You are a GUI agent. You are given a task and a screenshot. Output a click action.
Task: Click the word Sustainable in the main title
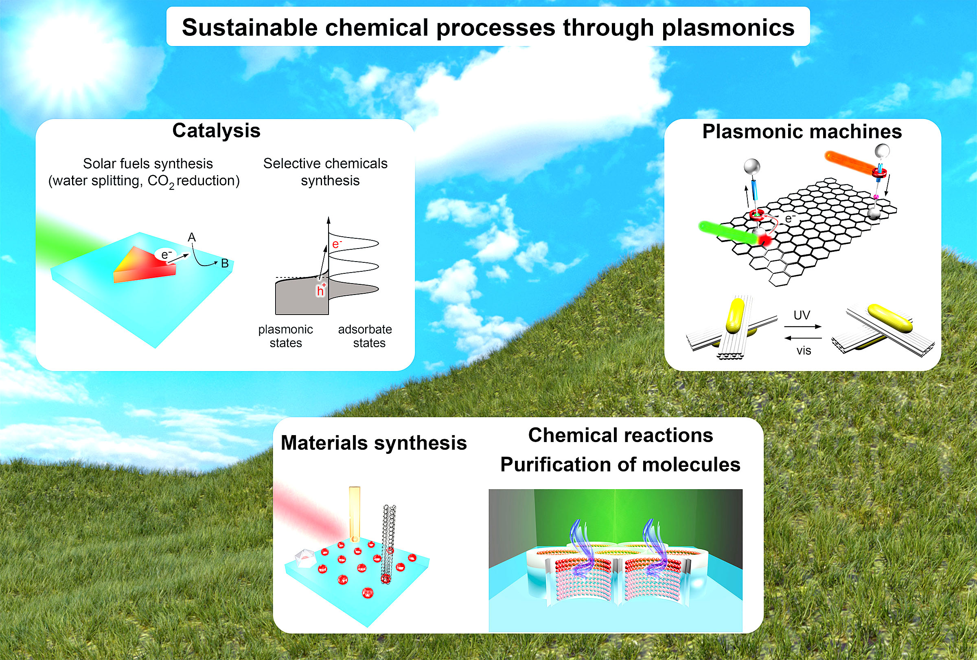[x=249, y=27]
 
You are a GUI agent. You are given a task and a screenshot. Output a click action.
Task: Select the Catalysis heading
[x=217, y=131]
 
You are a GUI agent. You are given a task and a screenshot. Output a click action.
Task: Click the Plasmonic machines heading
[x=802, y=131]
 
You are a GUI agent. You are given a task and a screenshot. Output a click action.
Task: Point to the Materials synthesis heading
[x=374, y=443]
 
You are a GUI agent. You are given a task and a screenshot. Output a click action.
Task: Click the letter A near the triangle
[x=192, y=237]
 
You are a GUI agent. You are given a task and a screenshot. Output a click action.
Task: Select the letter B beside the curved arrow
[x=225, y=263]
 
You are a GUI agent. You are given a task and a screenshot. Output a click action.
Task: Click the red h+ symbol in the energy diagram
[x=321, y=290]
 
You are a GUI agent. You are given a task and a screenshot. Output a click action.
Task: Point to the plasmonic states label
[x=285, y=336]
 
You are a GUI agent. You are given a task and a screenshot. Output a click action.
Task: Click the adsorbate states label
[x=365, y=336]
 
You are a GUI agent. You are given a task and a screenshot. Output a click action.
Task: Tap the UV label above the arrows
[x=801, y=315]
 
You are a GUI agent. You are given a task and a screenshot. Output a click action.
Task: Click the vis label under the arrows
[x=803, y=351]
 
